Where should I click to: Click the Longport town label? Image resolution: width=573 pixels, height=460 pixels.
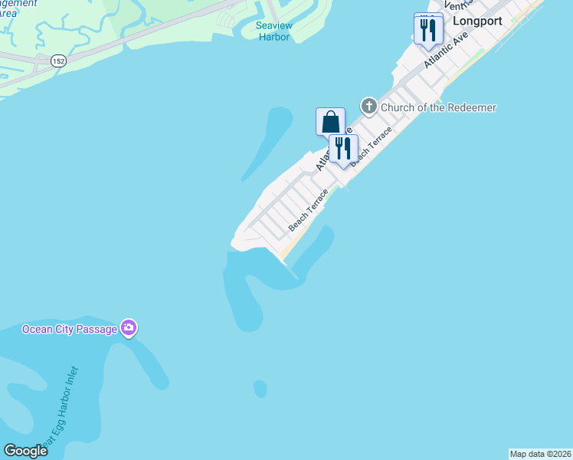tap(476, 21)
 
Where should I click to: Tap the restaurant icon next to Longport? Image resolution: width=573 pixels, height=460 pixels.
tap(428, 30)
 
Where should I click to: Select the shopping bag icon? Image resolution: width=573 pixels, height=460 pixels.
tap(330, 122)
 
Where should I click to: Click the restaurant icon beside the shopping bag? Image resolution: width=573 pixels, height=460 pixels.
tap(343, 149)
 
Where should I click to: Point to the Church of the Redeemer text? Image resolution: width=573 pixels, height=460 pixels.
tap(439, 107)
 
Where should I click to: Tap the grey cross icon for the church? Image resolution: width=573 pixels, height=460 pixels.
tap(368, 107)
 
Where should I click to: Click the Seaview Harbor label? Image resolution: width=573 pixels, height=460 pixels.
tap(273, 31)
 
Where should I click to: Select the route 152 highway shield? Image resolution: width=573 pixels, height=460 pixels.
tap(58, 60)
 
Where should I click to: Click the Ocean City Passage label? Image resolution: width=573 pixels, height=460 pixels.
tap(70, 329)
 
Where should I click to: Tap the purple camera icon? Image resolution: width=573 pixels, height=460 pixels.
tap(129, 328)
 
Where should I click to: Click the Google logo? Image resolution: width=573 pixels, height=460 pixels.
tap(25, 450)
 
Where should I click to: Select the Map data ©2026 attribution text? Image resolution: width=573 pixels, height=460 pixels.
tap(540, 454)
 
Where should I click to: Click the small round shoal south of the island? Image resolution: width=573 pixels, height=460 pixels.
tap(260, 389)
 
